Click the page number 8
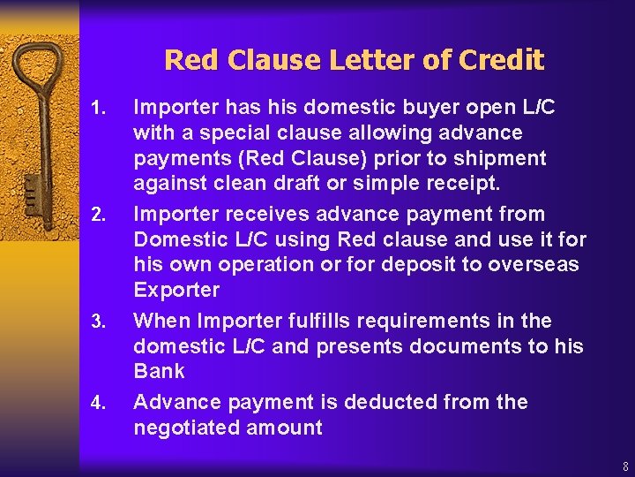[625, 466]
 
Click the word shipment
[501, 159]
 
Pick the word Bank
[159, 371]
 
